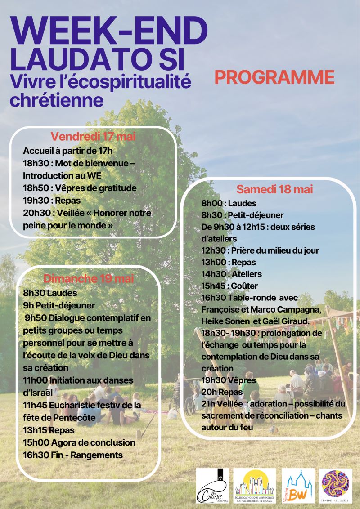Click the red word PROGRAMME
coord(274,77)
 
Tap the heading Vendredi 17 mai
coord(93,136)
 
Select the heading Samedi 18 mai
coord(274,189)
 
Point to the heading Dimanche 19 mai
coord(89,278)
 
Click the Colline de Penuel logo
coord(212,485)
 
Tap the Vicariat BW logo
coord(297,485)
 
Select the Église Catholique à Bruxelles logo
coord(255,485)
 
